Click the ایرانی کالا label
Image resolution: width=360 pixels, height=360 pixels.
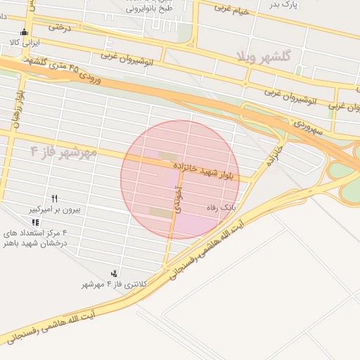(x=25, y=42)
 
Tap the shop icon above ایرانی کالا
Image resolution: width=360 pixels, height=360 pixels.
(x=25, y=32)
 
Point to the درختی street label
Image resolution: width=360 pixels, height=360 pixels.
(x=60, y=27)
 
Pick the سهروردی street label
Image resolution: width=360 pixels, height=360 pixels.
(x=307, y=129)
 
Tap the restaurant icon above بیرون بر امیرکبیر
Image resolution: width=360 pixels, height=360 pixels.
(x=55, y=199)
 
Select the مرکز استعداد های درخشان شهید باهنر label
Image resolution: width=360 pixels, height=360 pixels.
(x=35, y=238)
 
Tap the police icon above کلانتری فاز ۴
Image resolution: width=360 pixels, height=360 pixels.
(x=114, y=273)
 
